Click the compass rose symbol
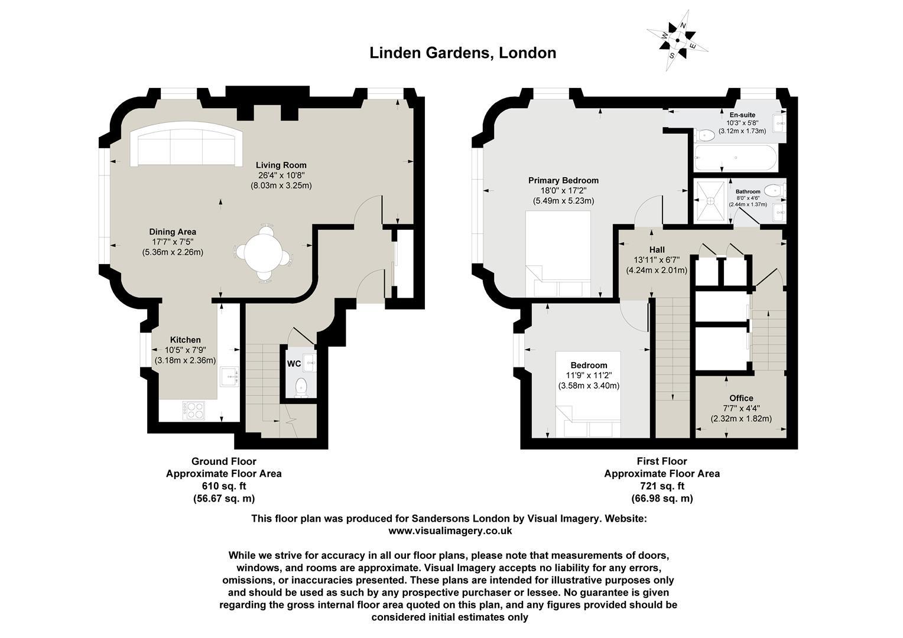tap(677, 40)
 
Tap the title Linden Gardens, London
tap(463, 53)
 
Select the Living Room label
tap(281, 165)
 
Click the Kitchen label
tap(185, 340)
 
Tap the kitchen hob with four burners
tap(193, 411)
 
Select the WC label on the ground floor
tap(294, 364)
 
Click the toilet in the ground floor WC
tap(301, 387)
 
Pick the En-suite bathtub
tap(736, 158)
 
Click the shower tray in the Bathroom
tap(710, 201)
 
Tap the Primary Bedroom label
tap(563, 180)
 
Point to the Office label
tap(741, 398)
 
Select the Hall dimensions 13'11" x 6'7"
tap(657, 260)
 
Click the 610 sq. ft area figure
tap(224, 486)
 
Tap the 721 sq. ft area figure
tap(662, 486)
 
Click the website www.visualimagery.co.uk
tap(450, 531)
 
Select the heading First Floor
tap(662, 461)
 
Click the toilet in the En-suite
tap(705, 135)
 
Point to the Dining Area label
tap(173, 232)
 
